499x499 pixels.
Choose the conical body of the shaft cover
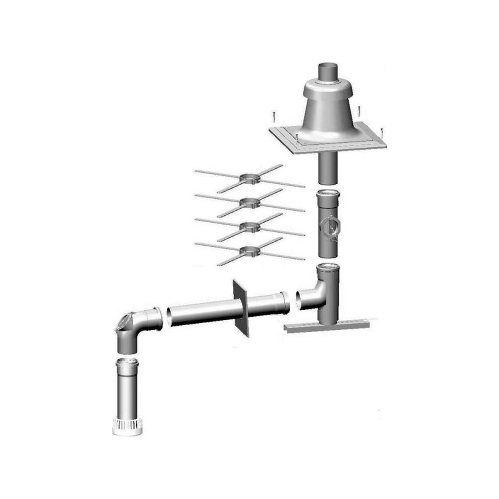[x=327, y=109]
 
